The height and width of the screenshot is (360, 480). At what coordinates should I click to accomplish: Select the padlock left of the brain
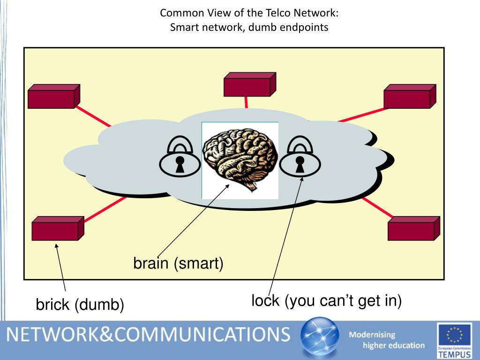pyautogui.click(x=179, y=157)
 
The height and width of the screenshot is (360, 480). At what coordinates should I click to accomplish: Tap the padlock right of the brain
pyautogui.click(x=300, y=157)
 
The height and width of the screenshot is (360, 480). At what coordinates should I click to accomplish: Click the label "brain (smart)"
pyautogui.click(x=179, y=263)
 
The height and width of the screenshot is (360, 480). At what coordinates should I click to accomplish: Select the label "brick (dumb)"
pyautogui.click(x=80, y=305)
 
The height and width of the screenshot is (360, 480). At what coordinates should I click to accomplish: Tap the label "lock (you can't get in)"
pyautogui.click(x=327, y=300)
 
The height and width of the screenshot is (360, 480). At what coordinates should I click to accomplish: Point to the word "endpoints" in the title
pyautogui.click(x=304, y=27)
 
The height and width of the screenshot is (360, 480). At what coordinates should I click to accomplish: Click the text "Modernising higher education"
pyautogui.click(x=387, y=340)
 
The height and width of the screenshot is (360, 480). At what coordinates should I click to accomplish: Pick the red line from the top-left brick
pyautogui.click(x=94, y=117)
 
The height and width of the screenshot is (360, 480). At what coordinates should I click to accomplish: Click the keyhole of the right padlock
pyautogui.click(x=300, y=164)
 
